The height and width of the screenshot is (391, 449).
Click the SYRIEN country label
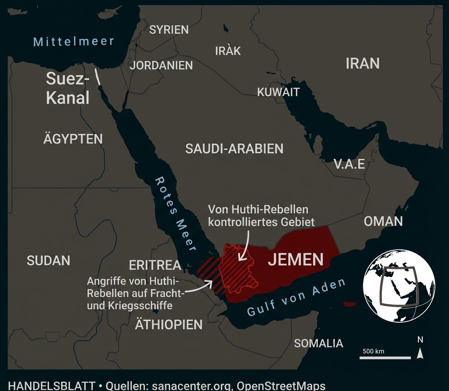tap(169, 30)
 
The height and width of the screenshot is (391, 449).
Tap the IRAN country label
tap(362, 64)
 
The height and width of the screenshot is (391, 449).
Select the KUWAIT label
tap(278, 92)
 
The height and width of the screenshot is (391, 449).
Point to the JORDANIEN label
tap(161, 65)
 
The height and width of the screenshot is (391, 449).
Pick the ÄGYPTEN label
tap(73, 139)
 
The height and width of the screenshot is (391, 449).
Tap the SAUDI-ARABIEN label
tap(234, 149)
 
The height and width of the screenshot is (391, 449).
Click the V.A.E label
tap(349, 164)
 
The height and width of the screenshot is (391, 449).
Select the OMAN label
tap(383, 221)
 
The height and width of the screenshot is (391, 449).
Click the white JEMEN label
tap(295, 259)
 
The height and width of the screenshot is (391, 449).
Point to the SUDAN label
tap(48, 260)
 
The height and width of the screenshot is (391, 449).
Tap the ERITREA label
tap(155, 265)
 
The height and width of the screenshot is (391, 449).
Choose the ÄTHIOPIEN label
tap(168, 325)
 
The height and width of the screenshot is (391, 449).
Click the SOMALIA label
tap(318, 343)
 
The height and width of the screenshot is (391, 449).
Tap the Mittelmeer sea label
tap(74, 41)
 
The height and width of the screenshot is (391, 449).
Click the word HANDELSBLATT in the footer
tap(52, 386)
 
